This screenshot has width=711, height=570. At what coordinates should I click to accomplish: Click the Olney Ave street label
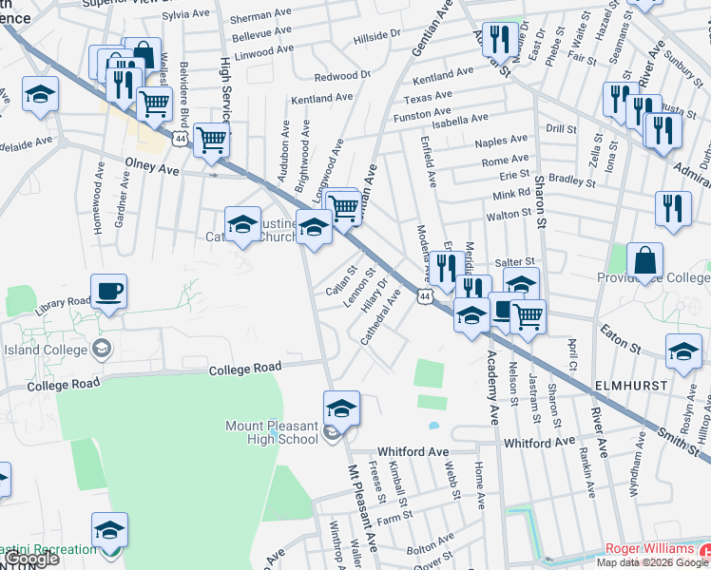152,167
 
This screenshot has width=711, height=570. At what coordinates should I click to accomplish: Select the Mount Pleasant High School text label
272,432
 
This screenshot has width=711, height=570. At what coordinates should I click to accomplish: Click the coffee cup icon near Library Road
108,291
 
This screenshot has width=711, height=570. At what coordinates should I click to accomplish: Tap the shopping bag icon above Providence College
644,259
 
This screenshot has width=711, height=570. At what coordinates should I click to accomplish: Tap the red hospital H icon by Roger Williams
704,550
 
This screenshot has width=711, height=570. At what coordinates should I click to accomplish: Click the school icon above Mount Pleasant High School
341,408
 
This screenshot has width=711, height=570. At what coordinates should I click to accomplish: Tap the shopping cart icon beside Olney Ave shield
211,141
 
